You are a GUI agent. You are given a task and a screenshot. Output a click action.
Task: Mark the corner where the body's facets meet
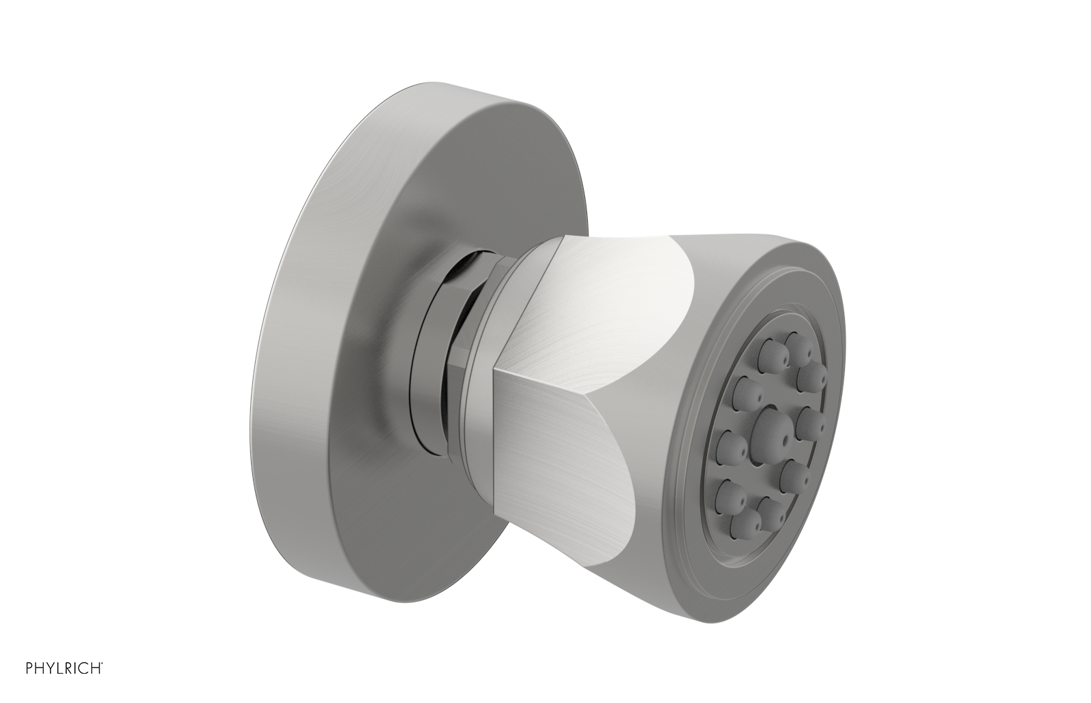pyautogui.click(x=496, y=369)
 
